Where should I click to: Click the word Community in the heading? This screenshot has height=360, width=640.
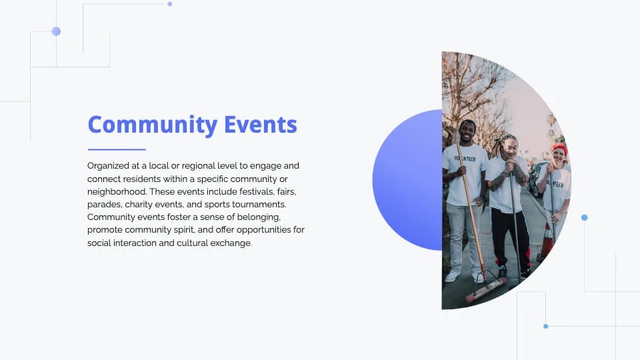(153, 125)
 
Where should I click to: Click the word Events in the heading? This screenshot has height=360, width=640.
(261, 125)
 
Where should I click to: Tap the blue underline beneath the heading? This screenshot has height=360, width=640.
(117, 149)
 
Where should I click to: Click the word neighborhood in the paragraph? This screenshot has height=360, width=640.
(117, 191)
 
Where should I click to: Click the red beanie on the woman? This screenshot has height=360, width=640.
(560, 149)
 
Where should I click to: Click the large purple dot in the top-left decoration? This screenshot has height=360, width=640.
(56, 31)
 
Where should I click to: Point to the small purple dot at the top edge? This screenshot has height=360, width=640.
(170, 4)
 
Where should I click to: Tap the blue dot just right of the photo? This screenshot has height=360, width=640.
(585, 217)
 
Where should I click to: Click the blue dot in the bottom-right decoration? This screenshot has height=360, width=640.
(546, 326)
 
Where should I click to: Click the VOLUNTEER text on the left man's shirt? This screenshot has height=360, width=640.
(466, 159)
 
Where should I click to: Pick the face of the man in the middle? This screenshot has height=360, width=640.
(509, 149)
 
